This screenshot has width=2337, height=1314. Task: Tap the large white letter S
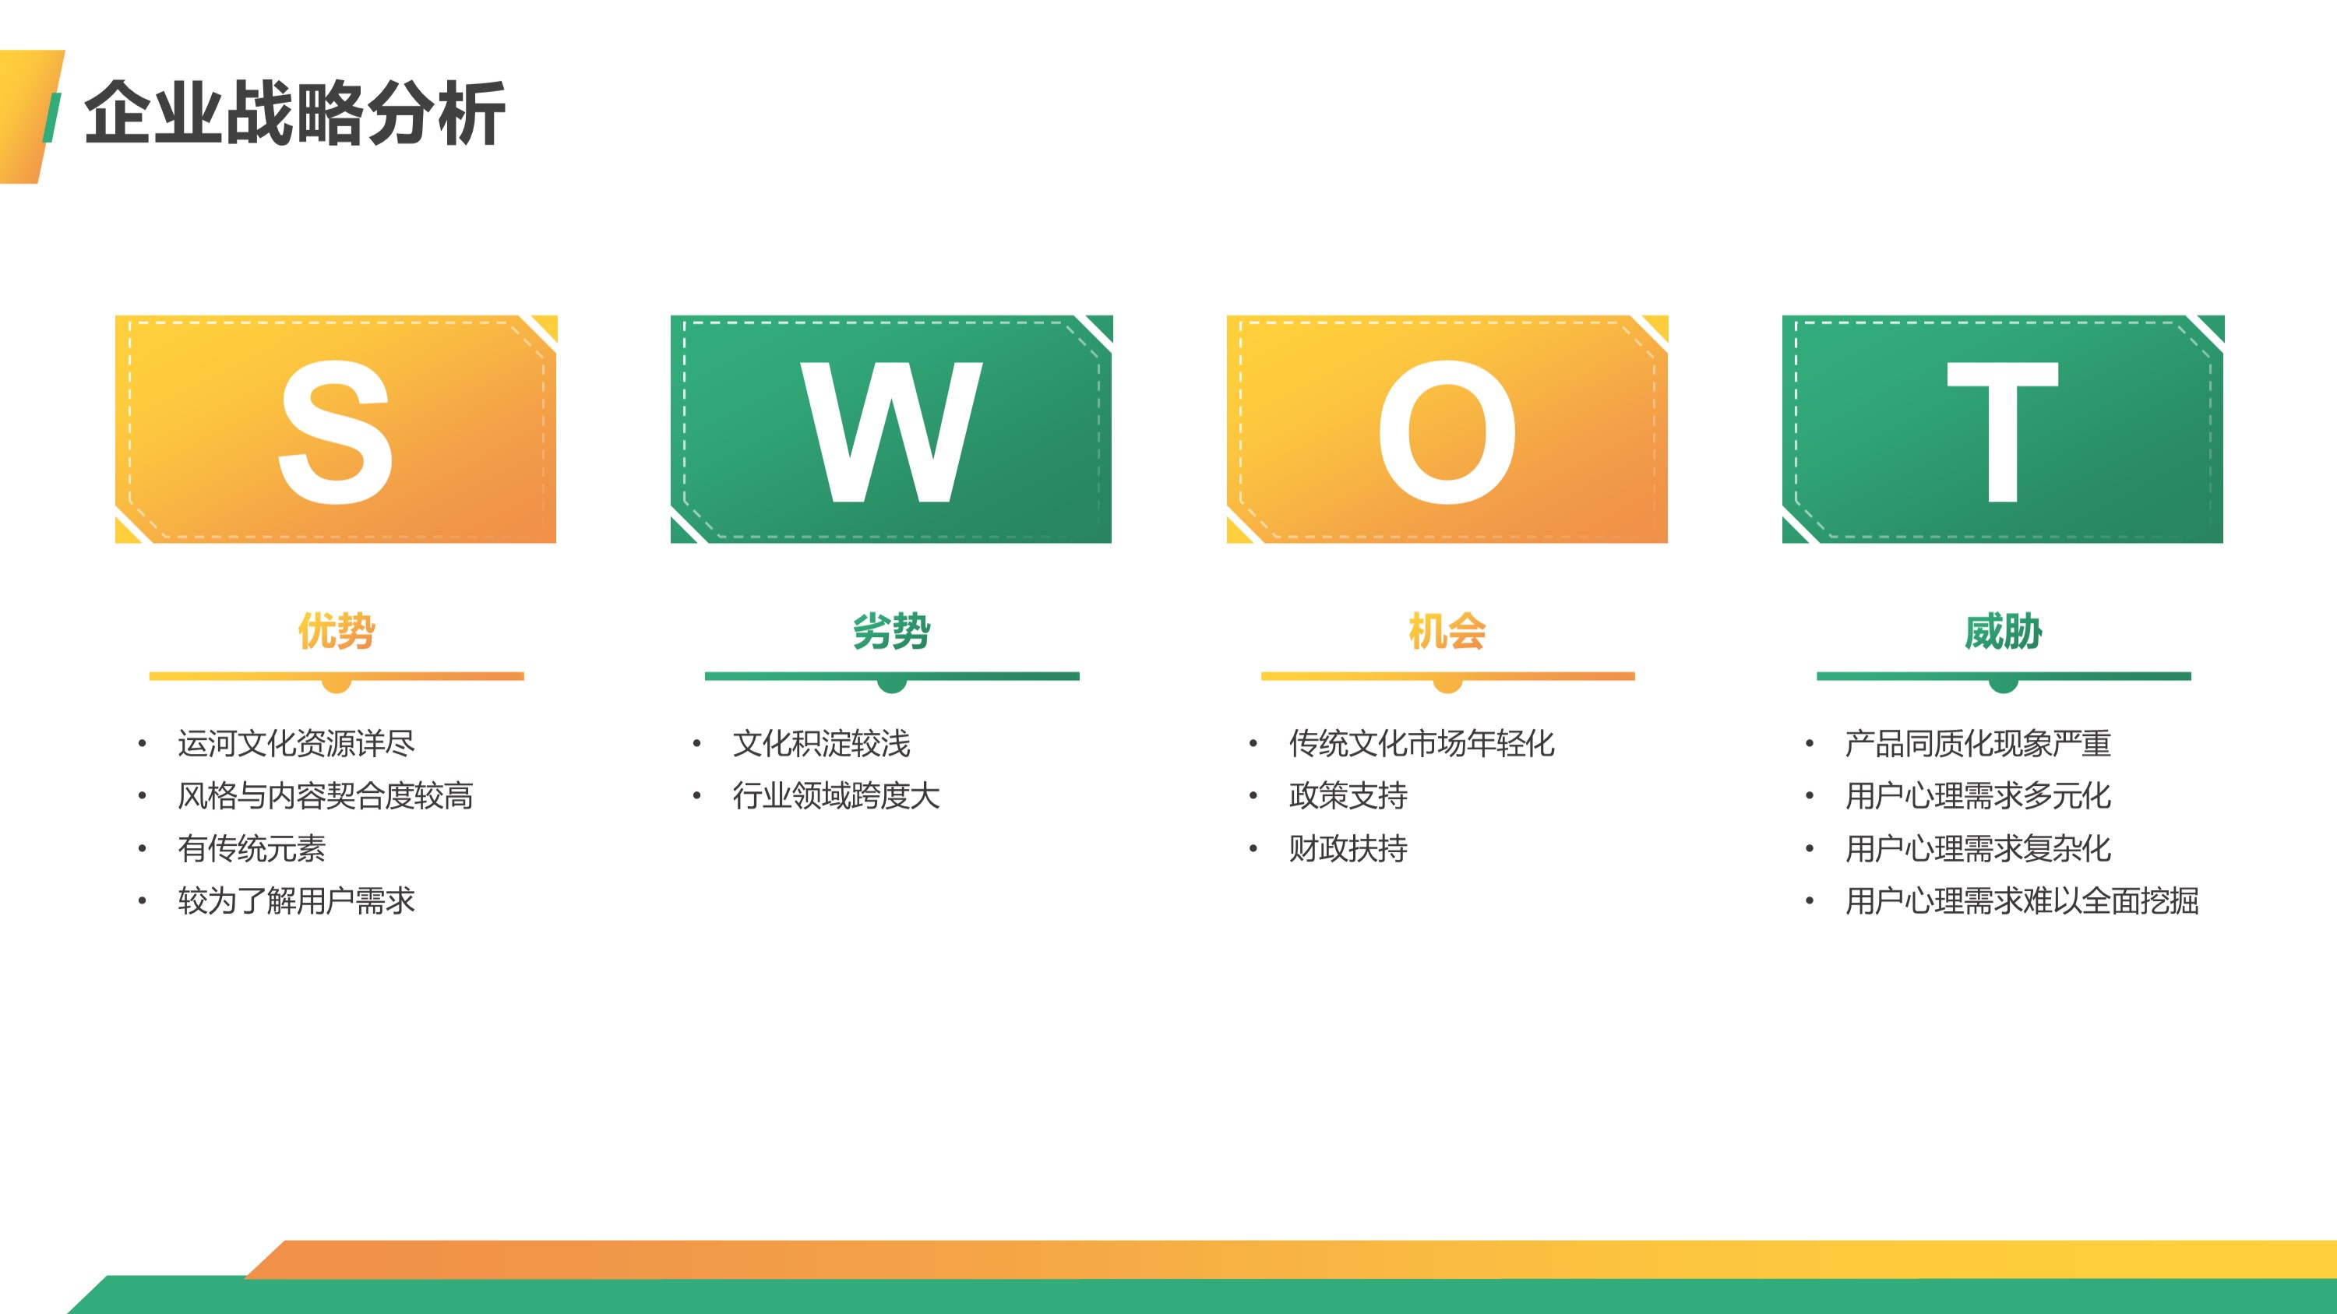[x=336, y=432]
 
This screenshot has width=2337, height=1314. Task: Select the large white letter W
[x=891, y=432]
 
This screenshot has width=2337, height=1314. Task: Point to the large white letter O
[x=1447, y=432]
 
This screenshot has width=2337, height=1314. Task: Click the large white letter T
[x=2002, y=432]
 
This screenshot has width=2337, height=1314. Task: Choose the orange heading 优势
[x=337, y=630]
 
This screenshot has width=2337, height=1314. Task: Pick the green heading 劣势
[x=892, y=630]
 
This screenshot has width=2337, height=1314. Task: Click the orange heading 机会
[x=1447, y=630]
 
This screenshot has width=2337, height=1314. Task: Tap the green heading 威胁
[x=2003, y=630]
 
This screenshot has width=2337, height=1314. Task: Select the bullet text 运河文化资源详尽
[x=296, y=743]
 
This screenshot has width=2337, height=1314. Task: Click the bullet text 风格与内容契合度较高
[x=325, y=795]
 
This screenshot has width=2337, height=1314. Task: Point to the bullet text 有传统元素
[x=252, y=848]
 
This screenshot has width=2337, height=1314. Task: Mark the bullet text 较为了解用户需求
[x=296, y=900]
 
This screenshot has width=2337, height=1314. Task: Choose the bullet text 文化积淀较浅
[x=821, y=743]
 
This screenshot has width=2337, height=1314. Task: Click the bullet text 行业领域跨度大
[x=836, y=795]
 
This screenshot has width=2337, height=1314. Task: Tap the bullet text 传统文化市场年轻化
[x=1422, y=743]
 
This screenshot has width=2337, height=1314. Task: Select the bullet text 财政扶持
[x=1348, y=848]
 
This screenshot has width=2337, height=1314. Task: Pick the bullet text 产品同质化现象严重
[x=1978, y=743]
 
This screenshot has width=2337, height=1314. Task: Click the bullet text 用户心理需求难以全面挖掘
[x=2022, y=900]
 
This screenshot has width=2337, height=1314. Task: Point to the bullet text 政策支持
[x=1348, y=795]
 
